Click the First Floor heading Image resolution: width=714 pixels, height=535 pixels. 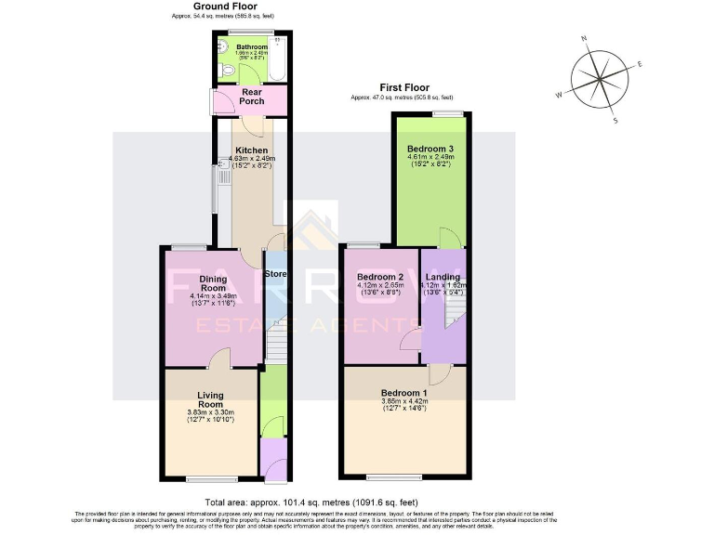pyautogui.click(x=401, y=87)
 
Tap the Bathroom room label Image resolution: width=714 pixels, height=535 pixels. pyautogui.click(x=251, y=46)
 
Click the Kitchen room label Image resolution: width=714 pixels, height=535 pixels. pyautogui.click(x=251, y=150)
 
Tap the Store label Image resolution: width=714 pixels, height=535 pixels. pyautogui.click(x=275, y=274)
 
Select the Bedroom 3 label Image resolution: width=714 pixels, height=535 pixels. pyautogui.click(x=430, y=148)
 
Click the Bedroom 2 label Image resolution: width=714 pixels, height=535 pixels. pyautogui.click(x=379, y=277)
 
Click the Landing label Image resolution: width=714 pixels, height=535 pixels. pyautogui.click(x=443, y=277)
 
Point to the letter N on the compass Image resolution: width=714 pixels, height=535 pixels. pyautogui.click(x=584, y=39)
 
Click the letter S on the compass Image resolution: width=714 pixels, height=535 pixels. pyautogui.click(x=615, y=121)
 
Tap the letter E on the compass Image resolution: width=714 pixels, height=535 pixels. pyautogui.click(x=640, y=64)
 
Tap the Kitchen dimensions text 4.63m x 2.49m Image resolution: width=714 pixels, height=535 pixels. pyautogui.click(x=251, y=159)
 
